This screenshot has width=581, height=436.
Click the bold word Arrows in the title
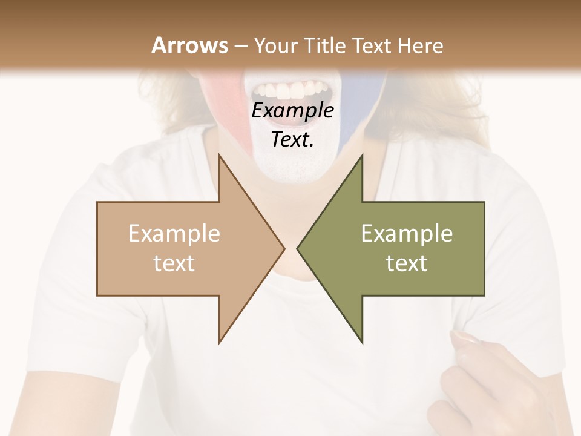tap(189, 45)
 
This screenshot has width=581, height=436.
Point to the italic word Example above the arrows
tap(292, 111)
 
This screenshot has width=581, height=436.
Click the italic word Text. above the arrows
tap(292, 139)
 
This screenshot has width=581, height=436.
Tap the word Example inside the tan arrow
tap(174, 234)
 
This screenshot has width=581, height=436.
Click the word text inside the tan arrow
tap(174, 263)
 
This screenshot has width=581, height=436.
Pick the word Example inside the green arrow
tap(407, 234)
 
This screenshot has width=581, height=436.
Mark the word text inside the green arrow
tap(407, 263)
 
